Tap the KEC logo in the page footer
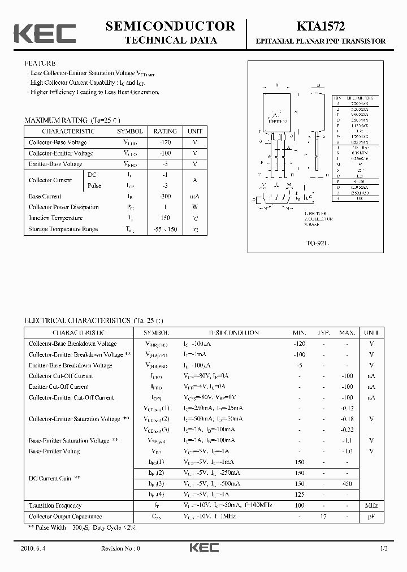[203, 548]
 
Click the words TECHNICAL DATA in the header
[170, 40]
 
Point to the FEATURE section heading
[40, 64]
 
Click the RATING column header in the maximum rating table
[165, 131]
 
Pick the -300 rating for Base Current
[165, 196]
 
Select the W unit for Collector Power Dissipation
[195, 207]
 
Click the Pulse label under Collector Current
[94, 185]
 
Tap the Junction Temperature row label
[55, 218]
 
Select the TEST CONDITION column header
[233, 333]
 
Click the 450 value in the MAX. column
[347, 484]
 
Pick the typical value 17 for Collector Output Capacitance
[323, 517]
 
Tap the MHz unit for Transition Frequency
[371, 505]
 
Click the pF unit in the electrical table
[371, 517]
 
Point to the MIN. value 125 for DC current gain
[299, 495]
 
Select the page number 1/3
[383, 548]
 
